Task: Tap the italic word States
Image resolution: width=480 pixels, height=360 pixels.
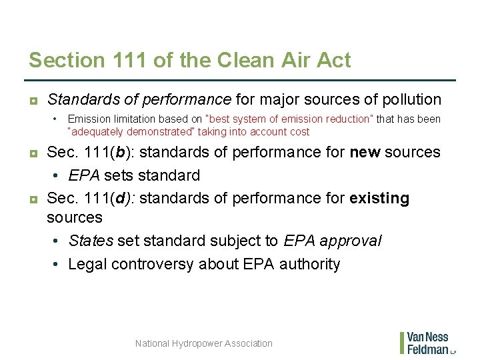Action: (x=91, y=241)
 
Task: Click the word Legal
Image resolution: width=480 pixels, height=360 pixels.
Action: (x=88, y=264)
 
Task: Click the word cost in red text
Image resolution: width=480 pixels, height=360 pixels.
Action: (x=298, y=132)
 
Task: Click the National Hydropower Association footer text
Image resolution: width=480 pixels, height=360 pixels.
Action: (x=203, y=343)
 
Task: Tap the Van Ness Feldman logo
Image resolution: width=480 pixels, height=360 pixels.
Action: (x=427, y=343)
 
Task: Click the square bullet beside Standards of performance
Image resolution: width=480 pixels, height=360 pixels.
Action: (x=33, y=101)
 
